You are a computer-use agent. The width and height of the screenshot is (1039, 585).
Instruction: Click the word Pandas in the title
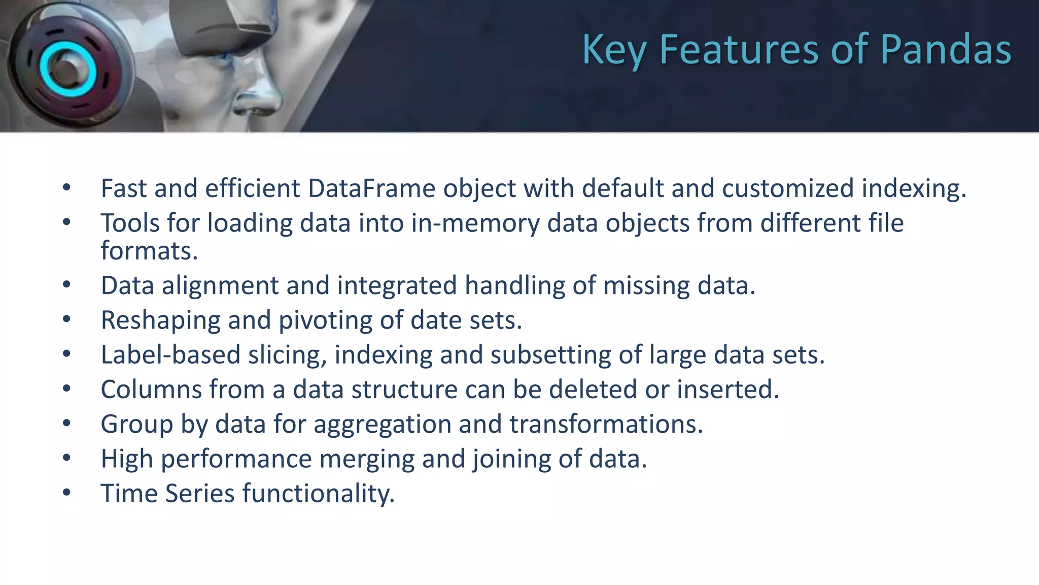point(946,50)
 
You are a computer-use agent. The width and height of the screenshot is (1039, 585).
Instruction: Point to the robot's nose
point(264,96)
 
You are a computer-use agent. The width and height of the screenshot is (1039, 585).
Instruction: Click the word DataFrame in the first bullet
point(371,188)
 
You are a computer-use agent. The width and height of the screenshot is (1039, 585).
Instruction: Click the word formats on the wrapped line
point(148,251)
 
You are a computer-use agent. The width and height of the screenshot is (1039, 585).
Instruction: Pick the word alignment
point(220,286)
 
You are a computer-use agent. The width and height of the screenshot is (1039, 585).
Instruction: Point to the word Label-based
point(170,355)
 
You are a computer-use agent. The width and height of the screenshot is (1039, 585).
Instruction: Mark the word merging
point(367,459)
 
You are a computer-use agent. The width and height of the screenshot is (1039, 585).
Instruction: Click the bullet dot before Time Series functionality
point(66,493)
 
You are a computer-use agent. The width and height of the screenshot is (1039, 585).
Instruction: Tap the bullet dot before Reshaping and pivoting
point(66,319)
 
